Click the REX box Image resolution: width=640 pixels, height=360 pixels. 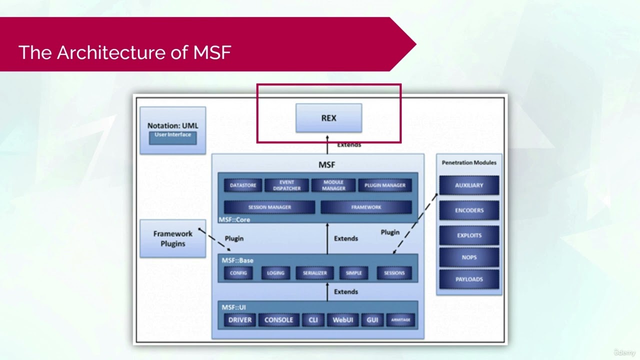tap(328, 118)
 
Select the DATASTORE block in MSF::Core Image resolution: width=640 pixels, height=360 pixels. tap(243, 185)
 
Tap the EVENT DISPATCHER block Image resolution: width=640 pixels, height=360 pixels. tap(287, 185)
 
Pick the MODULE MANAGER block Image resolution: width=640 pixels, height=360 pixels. tap(333, 185)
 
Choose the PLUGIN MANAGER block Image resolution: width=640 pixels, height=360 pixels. tap(385, 185)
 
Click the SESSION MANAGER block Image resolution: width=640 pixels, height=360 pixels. tap(269, 207)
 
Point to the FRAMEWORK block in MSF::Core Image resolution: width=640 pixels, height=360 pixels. tap(366, 207)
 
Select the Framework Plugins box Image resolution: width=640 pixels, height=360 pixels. tap(172, 238)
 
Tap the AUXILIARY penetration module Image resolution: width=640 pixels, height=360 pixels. tap(469, 185)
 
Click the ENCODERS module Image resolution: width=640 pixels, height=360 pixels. tap(469, 210)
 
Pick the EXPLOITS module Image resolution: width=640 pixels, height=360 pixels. tap(469, 235)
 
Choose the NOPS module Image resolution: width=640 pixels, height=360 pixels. tap(469, 257)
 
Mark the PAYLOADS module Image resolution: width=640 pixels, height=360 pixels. tap(469, 279)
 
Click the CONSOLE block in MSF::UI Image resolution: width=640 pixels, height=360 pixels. tap(278, 320)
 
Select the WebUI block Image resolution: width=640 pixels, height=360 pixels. tap(343, 320)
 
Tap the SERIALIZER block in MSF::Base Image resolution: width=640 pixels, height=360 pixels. tap(314, 273)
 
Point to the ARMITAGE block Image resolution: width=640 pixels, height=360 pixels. tap(400, 320)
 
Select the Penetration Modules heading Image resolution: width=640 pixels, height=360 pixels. tap(469, 162)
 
